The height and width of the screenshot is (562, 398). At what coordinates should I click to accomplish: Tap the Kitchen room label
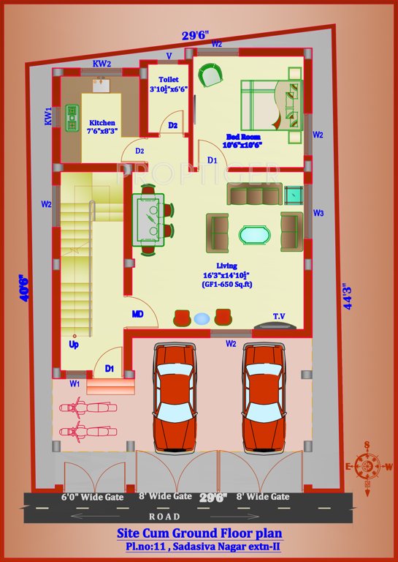point(102,123)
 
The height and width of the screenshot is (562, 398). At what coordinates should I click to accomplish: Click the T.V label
point(279,316)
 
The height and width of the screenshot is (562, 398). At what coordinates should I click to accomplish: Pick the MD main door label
point(137,314)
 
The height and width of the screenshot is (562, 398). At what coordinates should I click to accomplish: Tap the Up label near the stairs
point(74,343)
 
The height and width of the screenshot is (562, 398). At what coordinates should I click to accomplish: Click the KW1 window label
point(48,116)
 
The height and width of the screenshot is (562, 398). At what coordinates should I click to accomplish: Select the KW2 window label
point(102,64)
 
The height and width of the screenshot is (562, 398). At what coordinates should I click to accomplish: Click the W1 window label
point(74,383)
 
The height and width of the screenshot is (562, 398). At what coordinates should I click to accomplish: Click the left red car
point(175,398)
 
